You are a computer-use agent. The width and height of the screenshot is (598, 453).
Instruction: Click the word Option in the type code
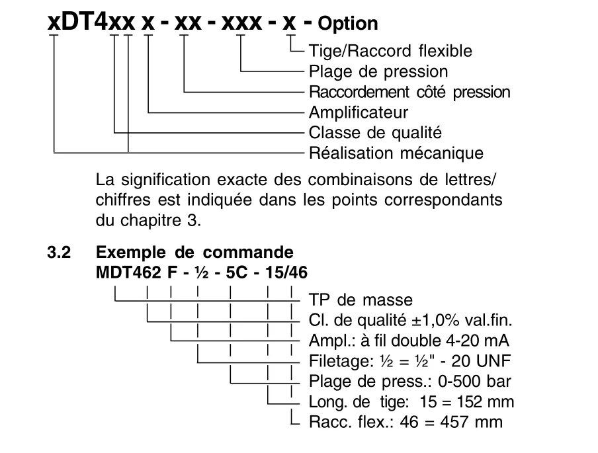point(348,24)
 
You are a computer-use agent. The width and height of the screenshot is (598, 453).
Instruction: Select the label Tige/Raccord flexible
point(390,51)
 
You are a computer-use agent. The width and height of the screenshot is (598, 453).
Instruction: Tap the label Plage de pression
point(378,71)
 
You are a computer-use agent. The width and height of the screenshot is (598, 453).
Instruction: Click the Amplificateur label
point(359,112)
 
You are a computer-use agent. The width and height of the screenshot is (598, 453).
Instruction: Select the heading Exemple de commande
point(195,253)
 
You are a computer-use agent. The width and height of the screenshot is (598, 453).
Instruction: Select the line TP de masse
point(361,300)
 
